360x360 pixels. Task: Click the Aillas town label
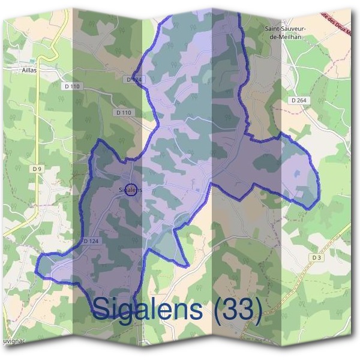[29, 70]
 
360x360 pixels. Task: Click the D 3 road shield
[317, 257]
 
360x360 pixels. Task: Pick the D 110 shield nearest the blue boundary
[123, 112]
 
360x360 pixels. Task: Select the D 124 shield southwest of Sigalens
[90, 241]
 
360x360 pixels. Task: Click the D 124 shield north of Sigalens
[134, 79]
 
